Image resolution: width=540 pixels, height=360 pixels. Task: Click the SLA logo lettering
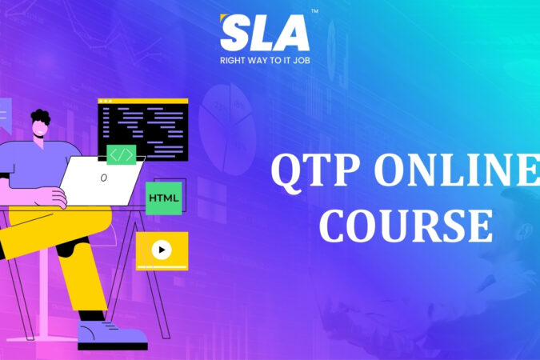tap(264, 34)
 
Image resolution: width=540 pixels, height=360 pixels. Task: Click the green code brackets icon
tap(121, 154)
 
